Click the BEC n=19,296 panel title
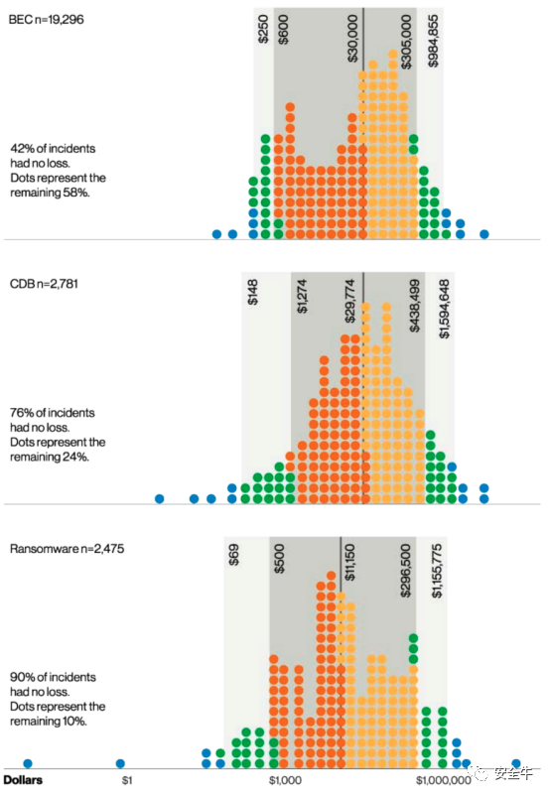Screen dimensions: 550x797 pos(47,20)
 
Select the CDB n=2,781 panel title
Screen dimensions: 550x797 pos(45,284)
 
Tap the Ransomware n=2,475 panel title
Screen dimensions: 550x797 pos(68,549)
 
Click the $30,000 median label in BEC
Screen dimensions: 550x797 pos(352,38)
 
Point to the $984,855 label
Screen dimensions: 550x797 pos(433,41)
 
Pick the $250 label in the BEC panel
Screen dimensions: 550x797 pos(263,29)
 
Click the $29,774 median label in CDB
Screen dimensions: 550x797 pos(350,301)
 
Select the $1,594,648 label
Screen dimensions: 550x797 pos(445,309)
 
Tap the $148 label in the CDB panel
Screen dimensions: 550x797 pos(252,292)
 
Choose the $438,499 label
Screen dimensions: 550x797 pos(415,306)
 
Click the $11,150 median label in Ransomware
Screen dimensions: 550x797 pos(349,562)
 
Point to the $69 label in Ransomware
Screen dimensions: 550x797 pos(233,555)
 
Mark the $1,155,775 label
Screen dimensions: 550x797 pos(437,571)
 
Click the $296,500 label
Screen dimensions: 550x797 pos(405,571)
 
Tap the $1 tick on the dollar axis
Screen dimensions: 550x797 pos(127,780)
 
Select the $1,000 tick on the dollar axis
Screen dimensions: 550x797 pos(285,780)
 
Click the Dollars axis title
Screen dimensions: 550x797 pos(23,780)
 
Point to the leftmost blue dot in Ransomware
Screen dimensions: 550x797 pos(28,763)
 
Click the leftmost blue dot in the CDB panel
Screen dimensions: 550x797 pos(160,498)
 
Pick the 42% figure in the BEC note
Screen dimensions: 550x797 pos(22,149)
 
